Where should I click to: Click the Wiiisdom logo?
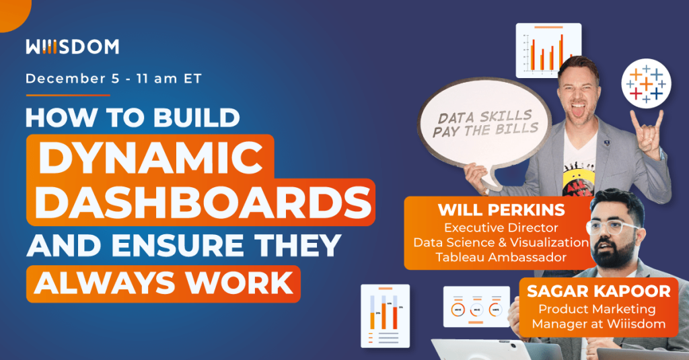point(72,46)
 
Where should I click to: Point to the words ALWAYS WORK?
point(164,282)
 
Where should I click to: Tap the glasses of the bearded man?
point(613,225)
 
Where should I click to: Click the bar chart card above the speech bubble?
point(548,50)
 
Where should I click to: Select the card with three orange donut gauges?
point(476,308)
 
